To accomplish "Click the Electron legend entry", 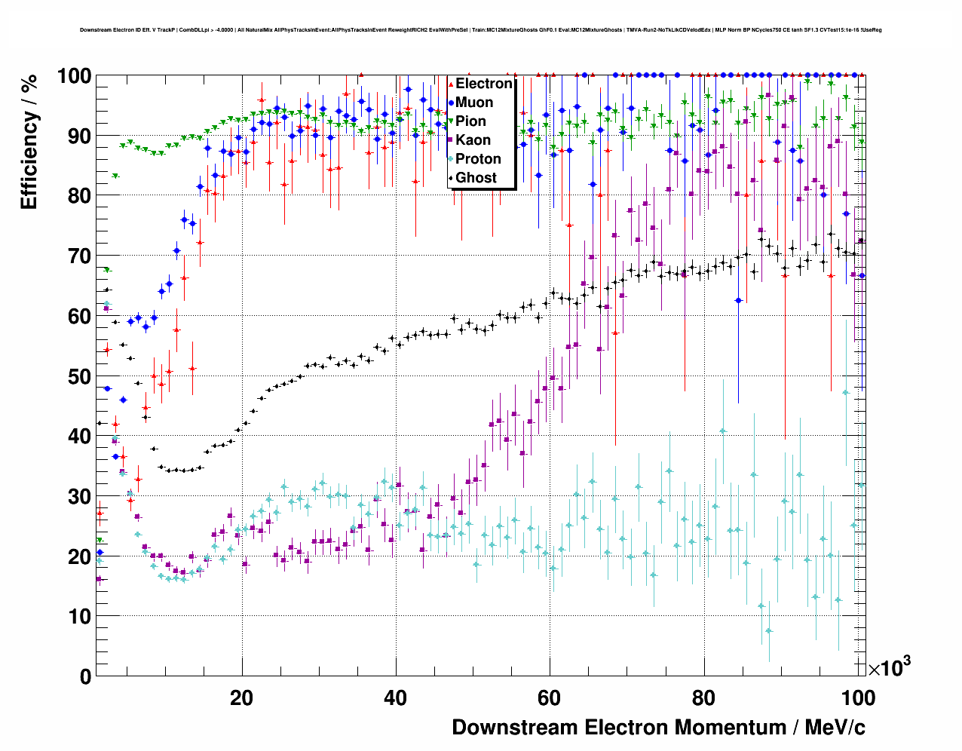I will tap(483, 84).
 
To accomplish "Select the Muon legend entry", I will tap(474, 103).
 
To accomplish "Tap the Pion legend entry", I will tap(470, 121).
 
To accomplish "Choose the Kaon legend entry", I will tap(473, 140).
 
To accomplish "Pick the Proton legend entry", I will tap(478, 159).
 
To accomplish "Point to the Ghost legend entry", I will tap(476, 178).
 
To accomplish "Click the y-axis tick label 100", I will tap(75, 76).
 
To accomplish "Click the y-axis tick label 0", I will tap(85, 676).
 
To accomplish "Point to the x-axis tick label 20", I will tap(241, 698).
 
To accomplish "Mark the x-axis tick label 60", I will tap(549, 698).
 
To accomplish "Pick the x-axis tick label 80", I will tap(703, 698).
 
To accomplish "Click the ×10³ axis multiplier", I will tap(889, 667).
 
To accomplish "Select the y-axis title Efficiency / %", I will tap(29, 143).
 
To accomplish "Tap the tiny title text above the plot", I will tap(480, 30).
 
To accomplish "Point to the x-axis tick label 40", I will tap(395, 698).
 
